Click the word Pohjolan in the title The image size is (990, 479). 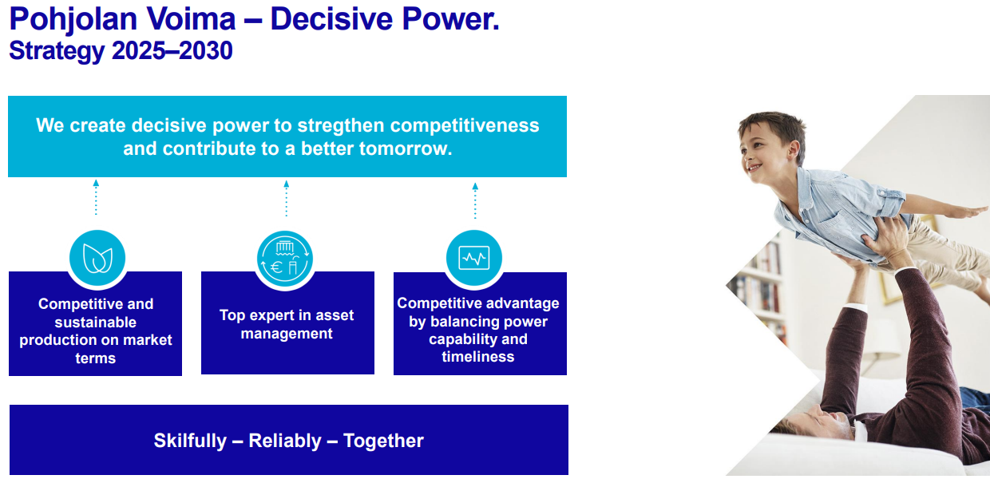pyautogui.click(x=73, y=20)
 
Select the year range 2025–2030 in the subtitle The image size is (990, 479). pyautogui.click(x=172, y=50)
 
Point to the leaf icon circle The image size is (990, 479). pyautogui.click(x=97, y=258)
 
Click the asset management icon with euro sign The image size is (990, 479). pyautogui.click(x=285, y=259)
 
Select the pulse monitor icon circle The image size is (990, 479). pyautogui.click(x=474, y=258)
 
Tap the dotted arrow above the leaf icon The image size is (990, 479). pyautogui.click(x=96, y=197)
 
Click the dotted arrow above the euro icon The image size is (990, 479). pyautogui.click(x=287, y=199)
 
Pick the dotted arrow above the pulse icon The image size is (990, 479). pyautogui.click(x=475, y=201)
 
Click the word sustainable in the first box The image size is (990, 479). pyautogui.click(x=96, y=323)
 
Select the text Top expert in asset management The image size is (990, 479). pyautogui.click(x=287, y=324)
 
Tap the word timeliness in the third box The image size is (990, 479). pyautogui.click(x=477, y=357)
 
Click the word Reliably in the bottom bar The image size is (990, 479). pyautogui.click(x=285, y=441)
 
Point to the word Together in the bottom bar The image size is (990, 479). pyautogui.click(x=383, y=441)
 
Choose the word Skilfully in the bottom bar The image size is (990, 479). pyautogui.click(x=190, y=441)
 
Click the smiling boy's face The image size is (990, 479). pyautogui.click(x=762, y=156)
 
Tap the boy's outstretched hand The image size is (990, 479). pyautogui.click(x=968, y=212)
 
